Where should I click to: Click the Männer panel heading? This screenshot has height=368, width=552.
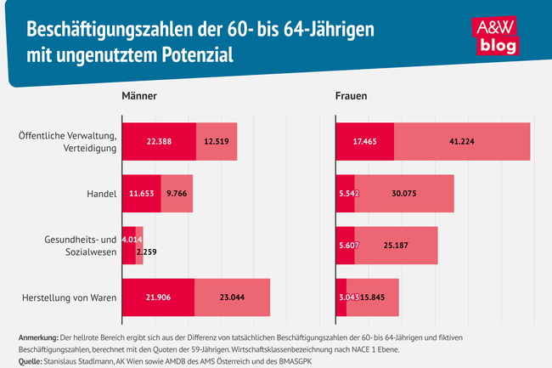pyautogui.click(x=140, y=97)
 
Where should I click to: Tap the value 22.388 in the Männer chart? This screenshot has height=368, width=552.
pyautogui.click(x=159, y=142)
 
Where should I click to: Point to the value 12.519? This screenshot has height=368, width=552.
pyautogui.click(x=217, y=142)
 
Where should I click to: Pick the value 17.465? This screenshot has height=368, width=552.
pyautogui.click(x=365, y=142)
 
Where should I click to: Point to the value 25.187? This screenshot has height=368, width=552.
pyautogui.click(x=396, y=246)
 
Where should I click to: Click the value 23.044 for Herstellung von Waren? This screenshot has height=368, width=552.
pyautogui.click(x=233, y=297)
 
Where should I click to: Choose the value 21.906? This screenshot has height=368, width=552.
pyautogui.click(x=158, y=297)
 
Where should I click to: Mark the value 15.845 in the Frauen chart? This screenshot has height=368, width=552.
pyautogui.click(x=375, y=297)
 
